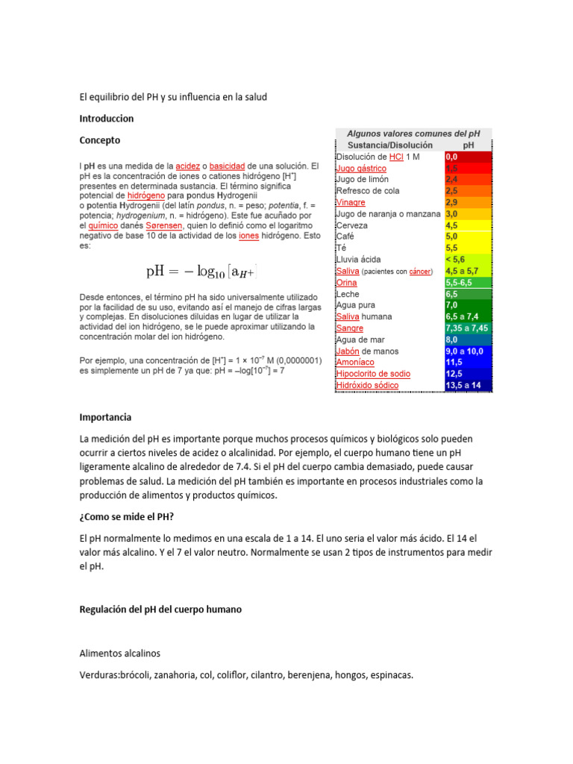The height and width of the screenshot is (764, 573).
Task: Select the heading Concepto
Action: tap(99, 140)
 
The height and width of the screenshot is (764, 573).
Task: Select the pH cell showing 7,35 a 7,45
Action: tap(466, 328)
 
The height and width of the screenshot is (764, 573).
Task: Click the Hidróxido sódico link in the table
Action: tap(367, 385)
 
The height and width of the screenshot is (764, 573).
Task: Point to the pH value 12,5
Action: tap(454, 373)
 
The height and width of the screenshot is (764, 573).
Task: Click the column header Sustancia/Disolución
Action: tap(389, 145)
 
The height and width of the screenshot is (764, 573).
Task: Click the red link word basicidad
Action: tap(228, 165)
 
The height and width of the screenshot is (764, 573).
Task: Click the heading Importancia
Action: tap(105, 417)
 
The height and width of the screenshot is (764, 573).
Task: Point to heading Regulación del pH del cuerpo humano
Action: tap(160, 610)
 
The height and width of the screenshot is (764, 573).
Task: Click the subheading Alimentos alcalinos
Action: tap(119, 653)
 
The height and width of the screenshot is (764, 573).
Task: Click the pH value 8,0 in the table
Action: tap(451, 339)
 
